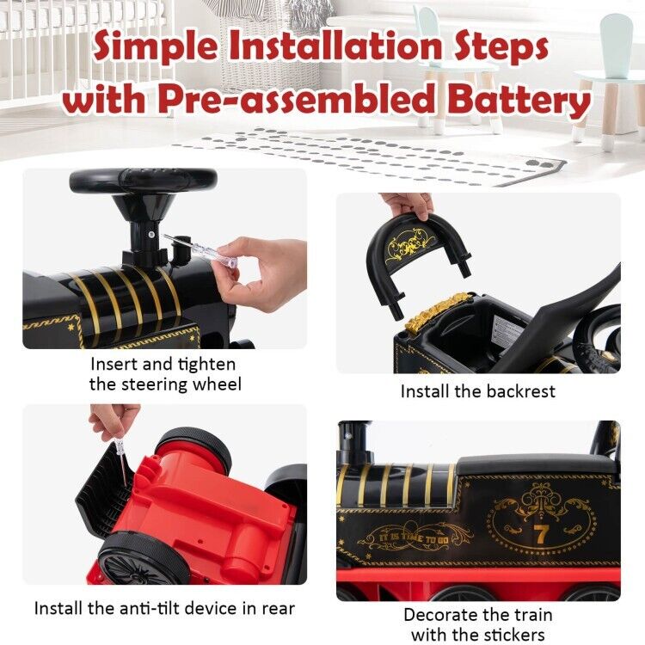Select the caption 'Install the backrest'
pyautogui.click(x=477, y=391)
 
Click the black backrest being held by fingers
pyautogui.click(x=419, y=245)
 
